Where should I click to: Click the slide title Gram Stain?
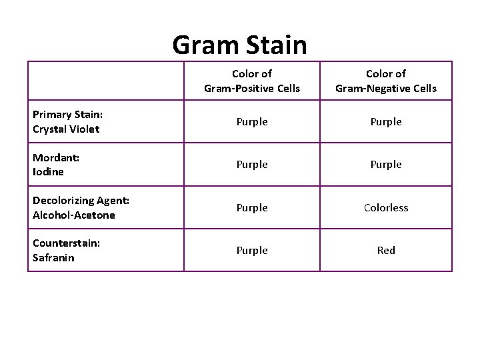(239, 45)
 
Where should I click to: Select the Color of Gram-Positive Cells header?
(252, 81)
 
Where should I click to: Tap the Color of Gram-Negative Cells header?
(386, 81)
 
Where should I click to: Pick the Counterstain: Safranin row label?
(67, 251)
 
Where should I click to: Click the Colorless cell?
(386, 208)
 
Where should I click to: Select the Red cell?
(386, 251)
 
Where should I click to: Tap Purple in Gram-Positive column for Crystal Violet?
(252, 122)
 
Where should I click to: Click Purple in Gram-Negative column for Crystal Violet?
(386, 122)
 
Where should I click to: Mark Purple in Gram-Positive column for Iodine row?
(252, 165)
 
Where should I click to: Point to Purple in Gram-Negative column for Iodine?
(386, 165)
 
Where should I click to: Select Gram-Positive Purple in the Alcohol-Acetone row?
(252, 208)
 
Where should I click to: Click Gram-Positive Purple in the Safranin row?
(252, 251)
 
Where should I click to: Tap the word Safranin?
(53, 257)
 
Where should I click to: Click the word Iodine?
(49, 171)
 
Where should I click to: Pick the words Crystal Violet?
(66, 129)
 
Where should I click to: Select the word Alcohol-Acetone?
(74, 215)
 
